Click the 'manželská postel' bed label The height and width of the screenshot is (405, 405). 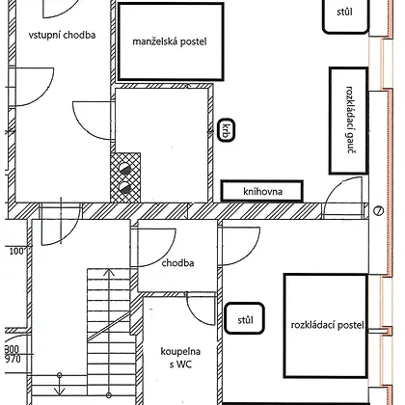[x=170, y=41]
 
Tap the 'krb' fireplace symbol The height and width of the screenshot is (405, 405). [x=227, y=130]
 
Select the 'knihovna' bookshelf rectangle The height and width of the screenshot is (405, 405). [x=261, y=191]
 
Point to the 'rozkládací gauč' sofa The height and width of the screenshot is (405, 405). [x=349, y=121]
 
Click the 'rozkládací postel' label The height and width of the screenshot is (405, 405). [x=327, y=325]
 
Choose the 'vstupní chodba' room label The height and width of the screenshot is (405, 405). [x=62, y=35]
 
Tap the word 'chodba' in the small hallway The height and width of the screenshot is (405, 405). [x=177, y=263]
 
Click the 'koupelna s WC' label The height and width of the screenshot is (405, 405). [x=180, y=358]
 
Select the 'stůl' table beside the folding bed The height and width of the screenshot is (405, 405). [x=245, y=319]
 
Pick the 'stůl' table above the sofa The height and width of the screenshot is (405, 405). [x=345, y=14]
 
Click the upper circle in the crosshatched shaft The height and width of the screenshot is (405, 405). [x=124, y=168]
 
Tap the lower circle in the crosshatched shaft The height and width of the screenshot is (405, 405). [x=124, y=187]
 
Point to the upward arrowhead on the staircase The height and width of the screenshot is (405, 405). [x=110, y=273]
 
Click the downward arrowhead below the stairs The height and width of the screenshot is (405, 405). [x=60, y=391]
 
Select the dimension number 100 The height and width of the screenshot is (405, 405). [x=17, y=251]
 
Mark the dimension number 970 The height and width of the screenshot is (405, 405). [x=13, y=359]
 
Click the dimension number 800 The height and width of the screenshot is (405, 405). [x=13, y=349]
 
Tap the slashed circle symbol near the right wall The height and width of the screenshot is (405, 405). [x=379, y=211]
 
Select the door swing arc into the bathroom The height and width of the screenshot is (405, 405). [x=193, y=315]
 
